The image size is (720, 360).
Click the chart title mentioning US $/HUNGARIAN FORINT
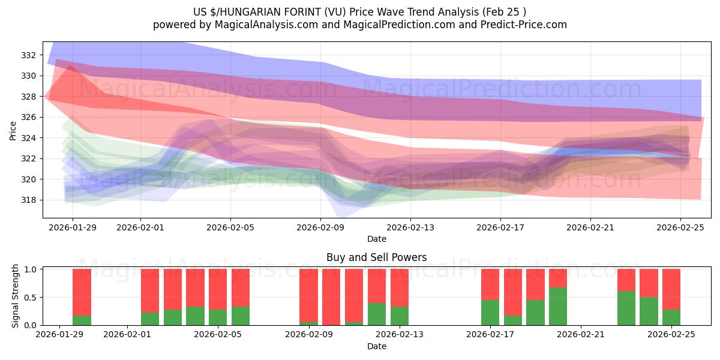tap(359, 11)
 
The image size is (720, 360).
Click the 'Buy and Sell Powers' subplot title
tap(376, 257)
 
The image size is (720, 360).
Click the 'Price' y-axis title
tap(13, 130)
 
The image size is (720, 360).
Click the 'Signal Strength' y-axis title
tap(16, 297)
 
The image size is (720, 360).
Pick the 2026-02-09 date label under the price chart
tap(320, 227)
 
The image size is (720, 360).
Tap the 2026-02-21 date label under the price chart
tap(590, 227)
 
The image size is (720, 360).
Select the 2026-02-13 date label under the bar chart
tap(400, 334)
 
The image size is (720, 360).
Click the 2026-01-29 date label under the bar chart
tap(59, 334)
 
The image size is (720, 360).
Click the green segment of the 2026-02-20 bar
tap(558, 307)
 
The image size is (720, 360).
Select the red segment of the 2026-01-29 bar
tap(82, 292)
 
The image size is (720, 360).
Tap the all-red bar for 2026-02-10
tap(331, 296)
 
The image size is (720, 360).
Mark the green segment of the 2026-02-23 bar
tap(626, 308)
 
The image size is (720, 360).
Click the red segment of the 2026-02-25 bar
tap(671, 289)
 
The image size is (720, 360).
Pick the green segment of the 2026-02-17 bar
tap(490, 313)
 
